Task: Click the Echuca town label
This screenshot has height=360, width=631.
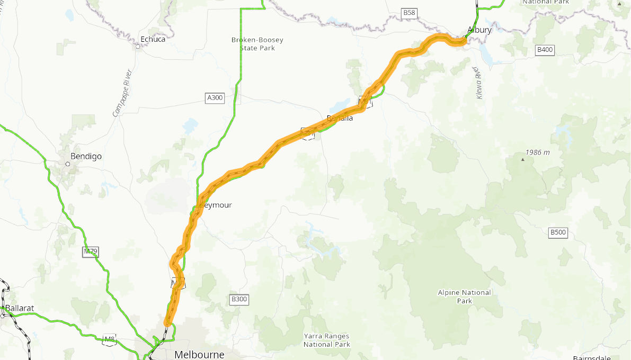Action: click(153, 39)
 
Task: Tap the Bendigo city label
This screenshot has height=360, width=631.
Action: click(86, 156)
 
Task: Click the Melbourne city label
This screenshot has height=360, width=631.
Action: click(199, 354)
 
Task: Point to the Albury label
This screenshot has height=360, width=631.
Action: click(479, 30)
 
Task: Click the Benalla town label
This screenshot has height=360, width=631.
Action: click(340, 118)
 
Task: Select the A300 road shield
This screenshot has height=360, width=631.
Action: click(215, 97)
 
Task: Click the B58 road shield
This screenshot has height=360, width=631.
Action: click(409, 12)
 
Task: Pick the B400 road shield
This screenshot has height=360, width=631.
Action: click(545, 50)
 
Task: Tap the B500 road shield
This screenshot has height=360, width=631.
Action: click(558, 232)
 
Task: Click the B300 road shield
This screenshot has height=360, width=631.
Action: click(239, 299)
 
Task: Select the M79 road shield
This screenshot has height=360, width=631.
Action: click(91, 251)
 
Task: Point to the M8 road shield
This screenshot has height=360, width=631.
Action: click(109, 339)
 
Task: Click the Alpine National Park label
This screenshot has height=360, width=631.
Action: click(464, 296)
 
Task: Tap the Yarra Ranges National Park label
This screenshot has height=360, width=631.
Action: click(327, 340)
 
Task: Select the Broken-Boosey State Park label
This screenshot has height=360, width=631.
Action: click(257, 43)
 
